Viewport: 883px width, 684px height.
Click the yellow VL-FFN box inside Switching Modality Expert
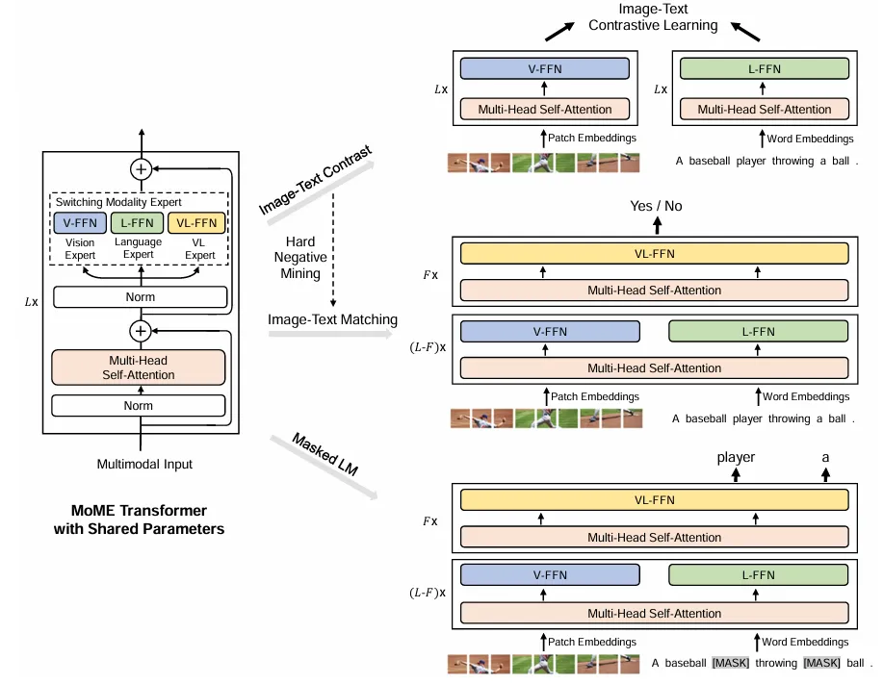[196, 224]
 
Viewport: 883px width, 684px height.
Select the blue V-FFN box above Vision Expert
[81, 224]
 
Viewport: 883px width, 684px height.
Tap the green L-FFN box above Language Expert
[138, 224]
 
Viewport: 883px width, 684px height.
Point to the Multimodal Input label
[144, 465]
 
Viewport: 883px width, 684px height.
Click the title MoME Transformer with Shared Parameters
[139, 519]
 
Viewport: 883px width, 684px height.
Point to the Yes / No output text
[655, 206]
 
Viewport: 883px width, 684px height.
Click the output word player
[736, 458]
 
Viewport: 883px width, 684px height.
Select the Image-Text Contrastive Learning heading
[653, 17]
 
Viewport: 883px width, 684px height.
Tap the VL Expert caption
[199, 249]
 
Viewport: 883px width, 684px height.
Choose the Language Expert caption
[138, 249]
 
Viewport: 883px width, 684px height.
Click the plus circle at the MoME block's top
[142, 169]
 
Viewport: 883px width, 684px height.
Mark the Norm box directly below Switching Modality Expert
[140, 297]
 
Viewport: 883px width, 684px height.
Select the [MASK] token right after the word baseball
[730, 664]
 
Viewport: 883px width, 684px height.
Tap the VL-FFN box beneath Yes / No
[655, 254]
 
